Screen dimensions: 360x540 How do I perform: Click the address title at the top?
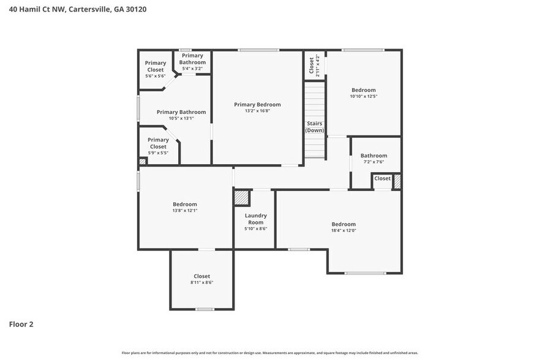click(78, 9)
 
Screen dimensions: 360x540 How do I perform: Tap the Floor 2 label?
click(21, 324)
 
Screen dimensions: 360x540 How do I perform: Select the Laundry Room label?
click(255, 219)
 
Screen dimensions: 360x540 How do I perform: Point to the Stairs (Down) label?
click(315, 127)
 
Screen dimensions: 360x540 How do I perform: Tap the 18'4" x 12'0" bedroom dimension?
click(343, 231)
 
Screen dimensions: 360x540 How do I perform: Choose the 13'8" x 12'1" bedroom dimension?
click(184, 211)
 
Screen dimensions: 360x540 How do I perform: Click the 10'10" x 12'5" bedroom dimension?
click(363, 96)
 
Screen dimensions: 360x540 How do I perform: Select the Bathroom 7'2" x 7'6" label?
click(373, 159)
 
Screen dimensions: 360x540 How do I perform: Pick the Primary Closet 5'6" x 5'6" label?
click(155, 69)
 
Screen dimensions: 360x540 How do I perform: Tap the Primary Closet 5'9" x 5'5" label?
click(158, 146)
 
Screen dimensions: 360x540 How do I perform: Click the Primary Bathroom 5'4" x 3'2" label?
click(192, 62)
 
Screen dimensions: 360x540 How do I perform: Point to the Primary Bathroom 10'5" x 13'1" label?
click(181, 115)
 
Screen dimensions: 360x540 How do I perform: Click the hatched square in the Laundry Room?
click(242, 198)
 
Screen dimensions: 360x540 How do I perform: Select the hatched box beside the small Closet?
click(397, 181)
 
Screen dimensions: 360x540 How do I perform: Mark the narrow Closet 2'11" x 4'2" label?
click(314, 65)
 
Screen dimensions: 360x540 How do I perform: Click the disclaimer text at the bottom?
click(269, 353)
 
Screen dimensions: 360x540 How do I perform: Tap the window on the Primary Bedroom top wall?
click(258, 50)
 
